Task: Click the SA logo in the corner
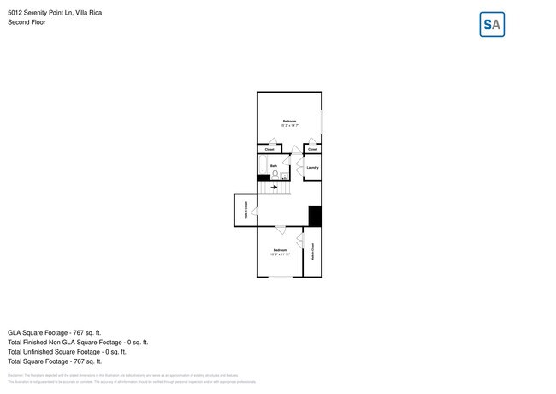coord(492,25)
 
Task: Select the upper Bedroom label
coord(289,122)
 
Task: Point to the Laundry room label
coord(312,167)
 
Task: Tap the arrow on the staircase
coord(275,186)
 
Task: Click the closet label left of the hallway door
coord(269,149)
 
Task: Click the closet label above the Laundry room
coord(312,149)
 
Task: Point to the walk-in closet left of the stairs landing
coord(245,210)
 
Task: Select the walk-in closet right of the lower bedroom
coord(312,252)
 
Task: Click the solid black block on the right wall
coord(315,217)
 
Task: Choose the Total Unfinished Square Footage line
coord(67,351)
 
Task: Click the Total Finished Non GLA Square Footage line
coord(78,342)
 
